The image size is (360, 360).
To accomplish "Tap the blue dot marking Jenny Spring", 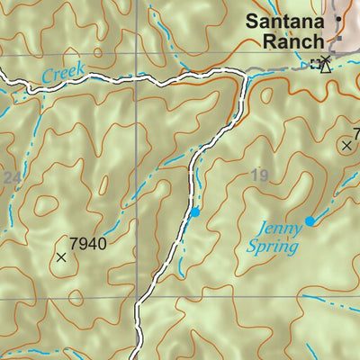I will tap(310, 220).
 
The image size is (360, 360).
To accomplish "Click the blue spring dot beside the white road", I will tap(195, 212).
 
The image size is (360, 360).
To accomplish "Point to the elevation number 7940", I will tap(87, 243).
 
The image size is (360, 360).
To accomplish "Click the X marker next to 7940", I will tap(61, 257).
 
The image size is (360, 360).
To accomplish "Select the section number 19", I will tap(259, 175).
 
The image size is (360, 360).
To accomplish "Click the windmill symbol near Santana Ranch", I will tap(326, 63).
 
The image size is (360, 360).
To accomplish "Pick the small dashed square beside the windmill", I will tap(314, 64).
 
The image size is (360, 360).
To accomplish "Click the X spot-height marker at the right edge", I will tap(346, 144).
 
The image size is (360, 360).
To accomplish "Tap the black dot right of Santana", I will tap(339, 18).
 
